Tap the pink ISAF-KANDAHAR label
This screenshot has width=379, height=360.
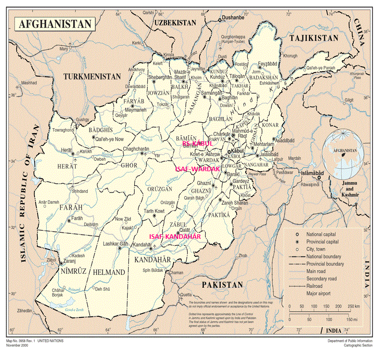pyautogui.click(x=175, y=236)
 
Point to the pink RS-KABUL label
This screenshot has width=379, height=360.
pyautogui.click(x=197, y=144)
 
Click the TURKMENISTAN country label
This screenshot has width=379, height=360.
pyautogui.click(x=92, y=77)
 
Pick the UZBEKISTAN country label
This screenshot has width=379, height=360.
pyautogui.click(x=175, y=23)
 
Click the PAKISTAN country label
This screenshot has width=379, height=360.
pyautogui.click(x=222, y=284)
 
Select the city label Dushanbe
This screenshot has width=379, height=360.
pyautogui.click(x=233, y=17)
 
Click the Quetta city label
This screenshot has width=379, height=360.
pyautogui.click(x=187, y=294)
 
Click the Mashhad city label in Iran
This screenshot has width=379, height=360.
pyautogui.click(x=29, y=83)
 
